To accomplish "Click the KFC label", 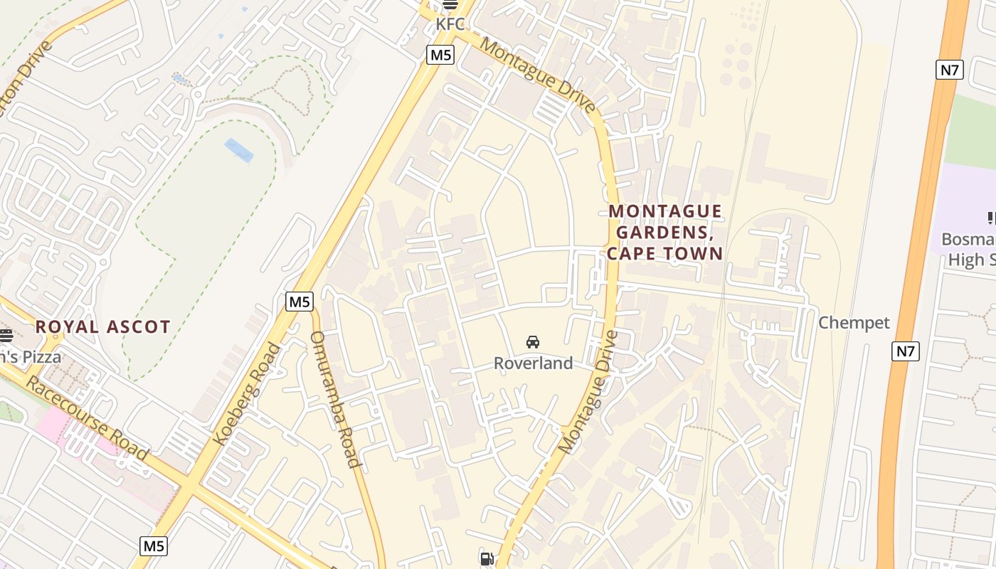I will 450,24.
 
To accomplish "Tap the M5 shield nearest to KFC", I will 440,55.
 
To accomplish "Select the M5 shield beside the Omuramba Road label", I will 300,302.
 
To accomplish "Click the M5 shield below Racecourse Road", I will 154,546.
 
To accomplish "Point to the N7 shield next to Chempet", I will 906,351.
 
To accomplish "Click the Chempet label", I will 854,323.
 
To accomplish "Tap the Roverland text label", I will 533,363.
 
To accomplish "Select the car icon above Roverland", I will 533,342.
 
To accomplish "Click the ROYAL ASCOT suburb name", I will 103,327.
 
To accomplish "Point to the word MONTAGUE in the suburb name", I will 665,212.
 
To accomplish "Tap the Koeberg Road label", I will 248,393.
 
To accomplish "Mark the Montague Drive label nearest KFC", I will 539,76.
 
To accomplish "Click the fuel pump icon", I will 487,559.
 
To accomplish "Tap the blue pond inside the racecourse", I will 238,150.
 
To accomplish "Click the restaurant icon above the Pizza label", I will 6,335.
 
